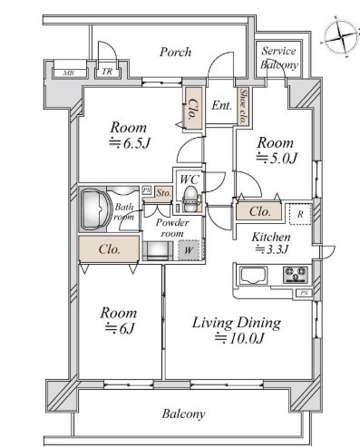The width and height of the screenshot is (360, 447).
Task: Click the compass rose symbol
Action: tap(340, 37)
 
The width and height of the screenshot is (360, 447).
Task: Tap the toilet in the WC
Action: tap(190, 199)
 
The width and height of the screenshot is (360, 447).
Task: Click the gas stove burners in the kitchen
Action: tap(296, 274)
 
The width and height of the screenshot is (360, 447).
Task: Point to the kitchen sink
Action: tap(253, 275)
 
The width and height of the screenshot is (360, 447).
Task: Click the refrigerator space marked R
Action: tap(300, 214)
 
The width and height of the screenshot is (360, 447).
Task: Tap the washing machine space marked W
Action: tap(189, 250)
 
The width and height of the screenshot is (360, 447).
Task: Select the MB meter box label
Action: tap(70, 73)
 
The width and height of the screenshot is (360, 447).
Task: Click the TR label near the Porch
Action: tap(107, 72)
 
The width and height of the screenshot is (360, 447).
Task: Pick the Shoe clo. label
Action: tap(242, 106)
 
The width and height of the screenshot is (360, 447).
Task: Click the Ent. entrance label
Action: tap(221, 105)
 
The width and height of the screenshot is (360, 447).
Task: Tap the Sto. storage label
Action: tap(163, 192)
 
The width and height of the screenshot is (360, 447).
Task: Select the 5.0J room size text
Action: tap(277, 158)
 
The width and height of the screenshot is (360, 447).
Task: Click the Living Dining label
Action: tap(237, 323)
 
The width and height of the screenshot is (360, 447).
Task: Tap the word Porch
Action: tap(175, 52)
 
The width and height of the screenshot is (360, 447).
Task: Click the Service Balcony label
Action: tap(279, 58)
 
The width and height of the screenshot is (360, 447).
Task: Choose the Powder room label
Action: tap(172, 228)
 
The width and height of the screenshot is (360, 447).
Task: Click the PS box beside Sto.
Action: tap(147, 190)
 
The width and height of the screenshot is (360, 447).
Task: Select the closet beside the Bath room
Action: tap(109, 249)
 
